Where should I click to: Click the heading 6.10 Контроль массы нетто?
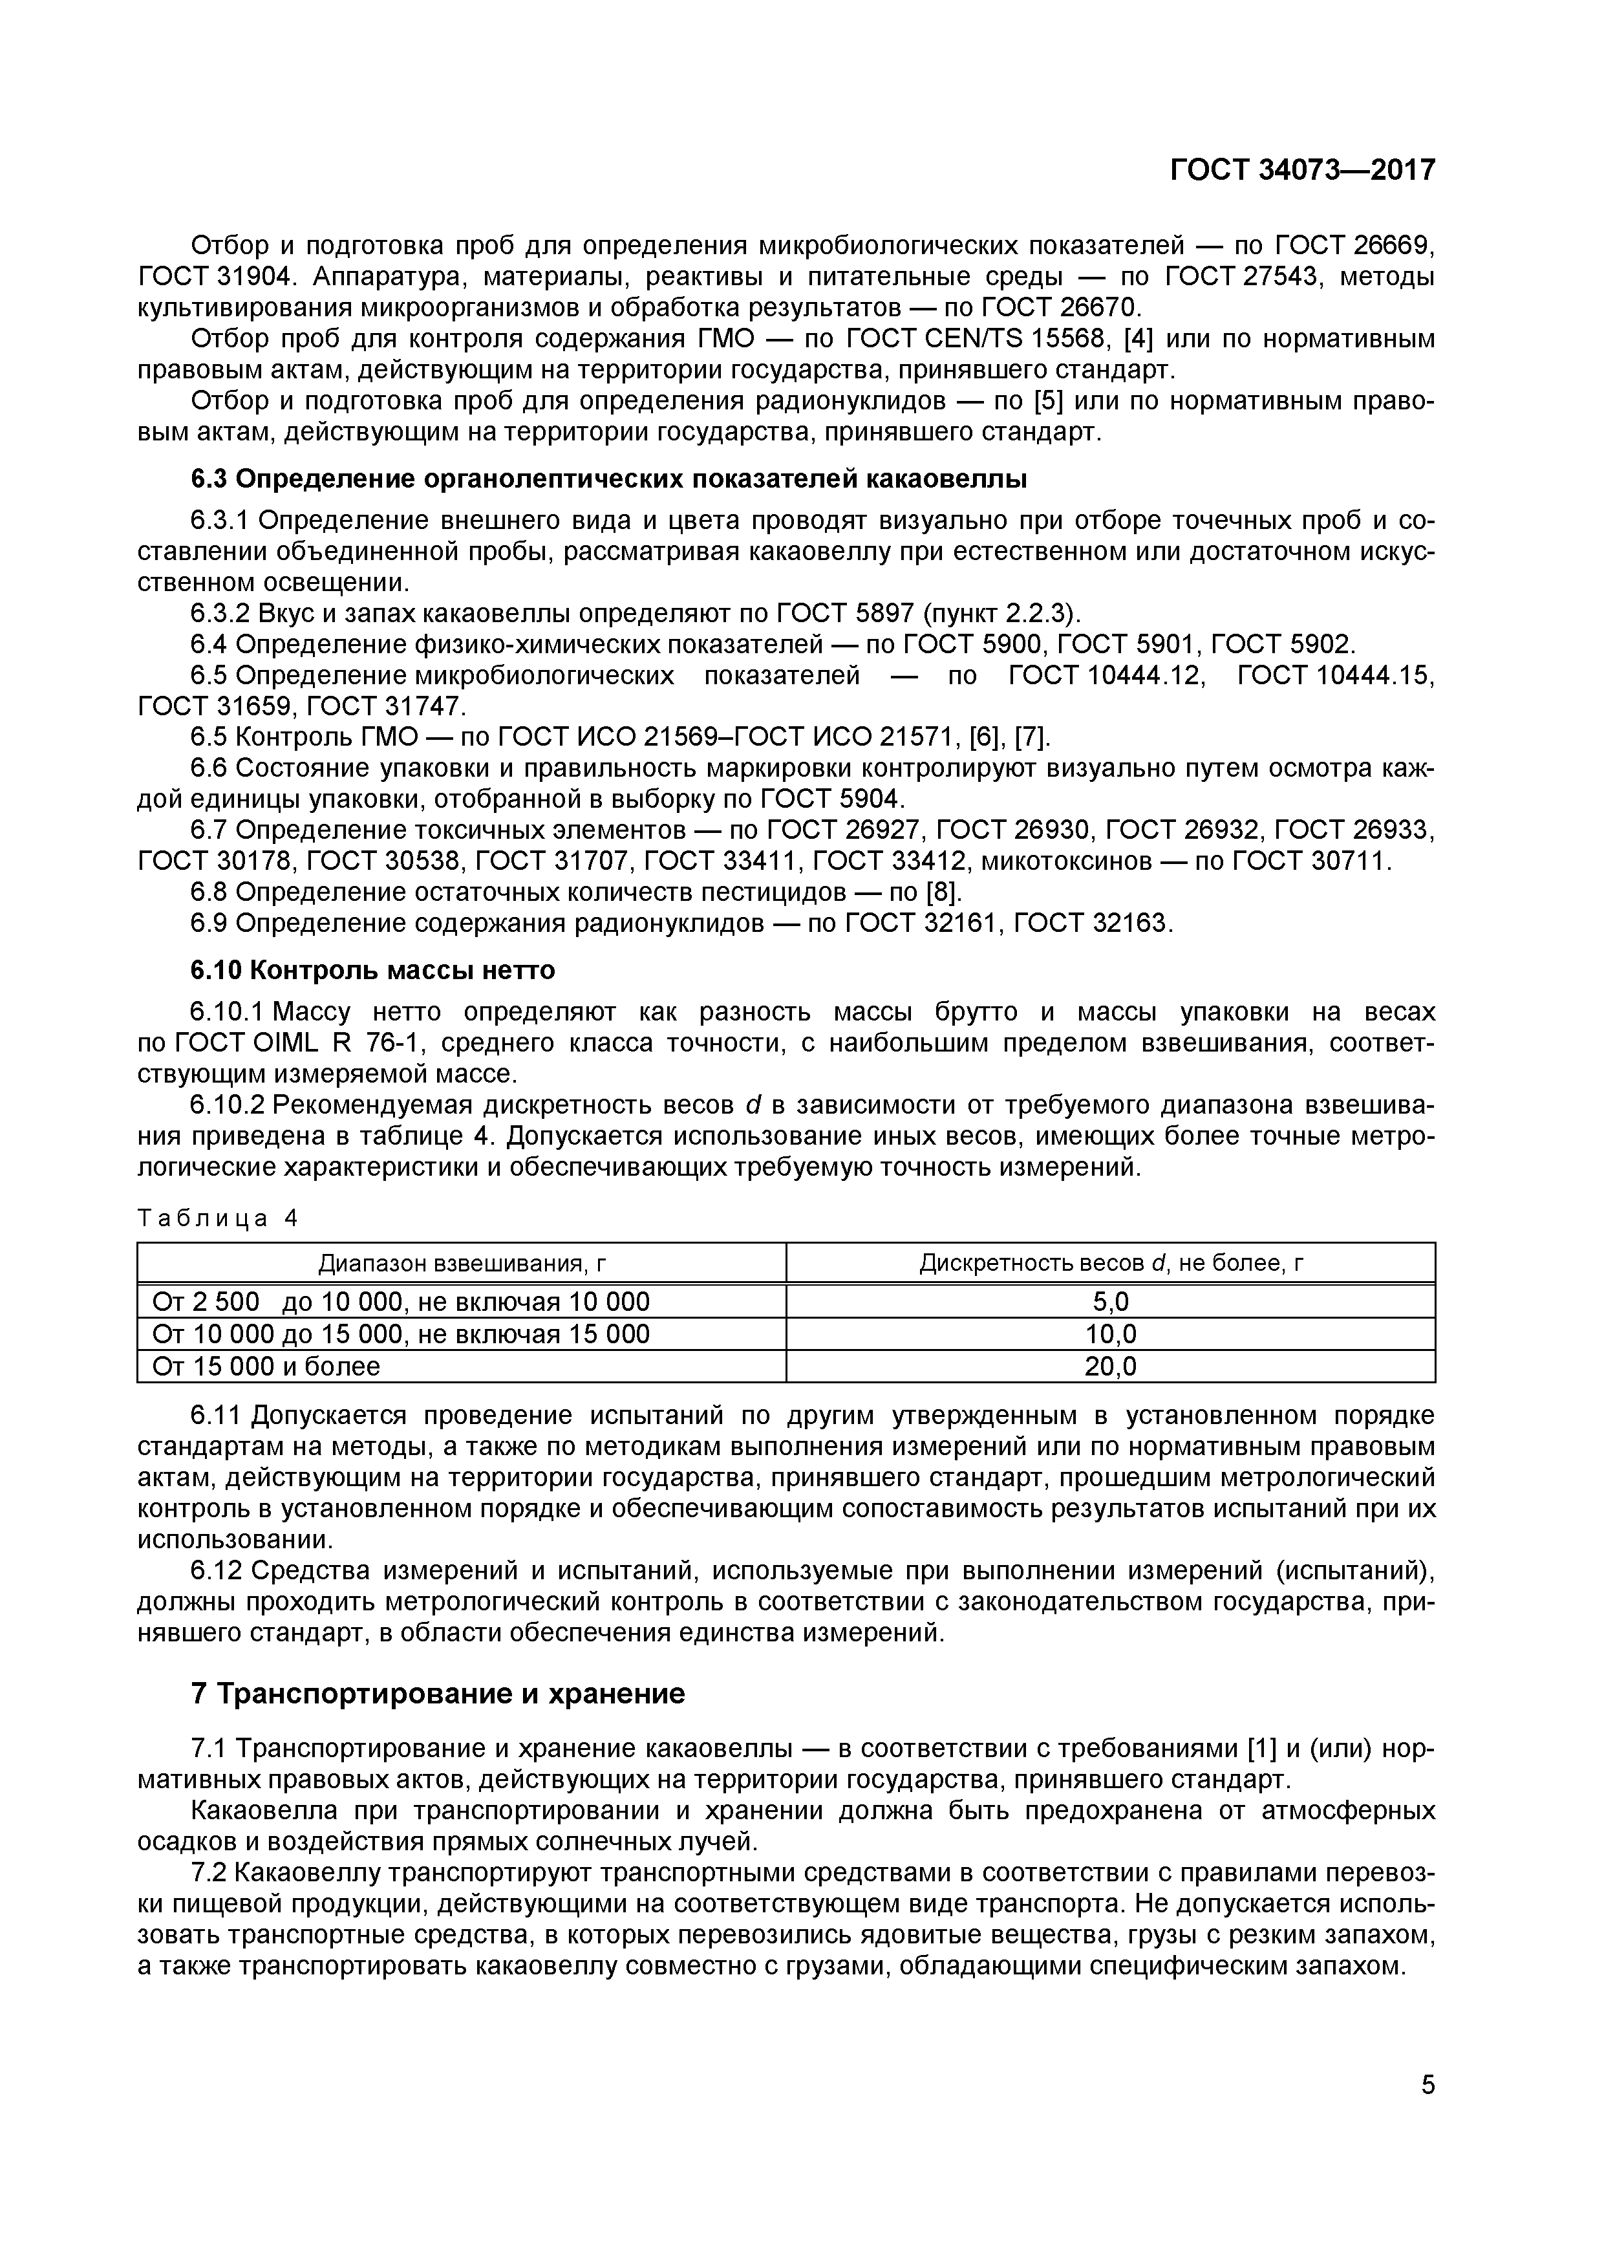(x=372, y=970)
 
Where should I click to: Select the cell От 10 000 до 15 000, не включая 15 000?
(x=400, y=1335)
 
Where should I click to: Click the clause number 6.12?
(x=217, y=1571)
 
